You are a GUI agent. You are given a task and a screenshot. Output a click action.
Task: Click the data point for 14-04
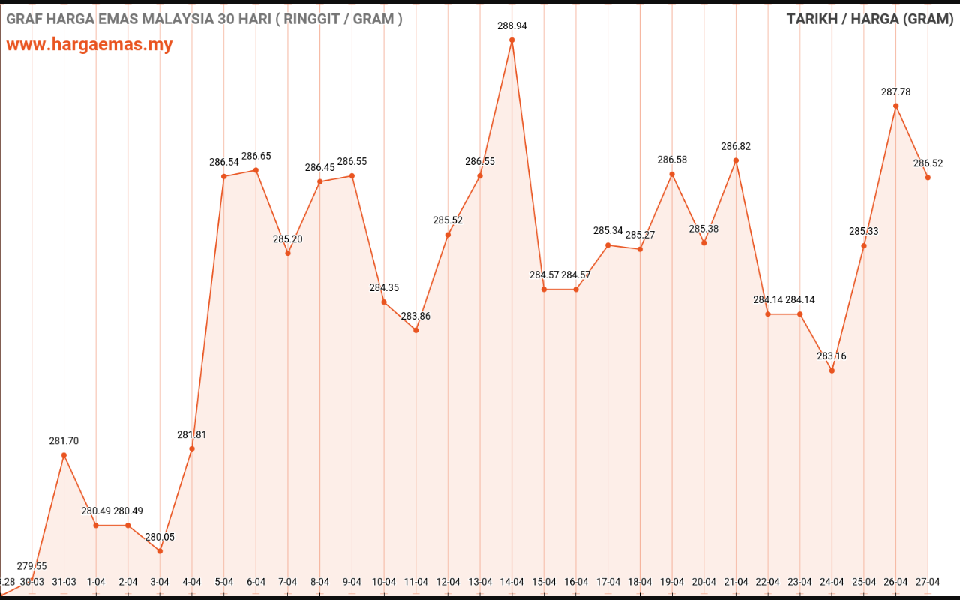pyautogui.click(x=512, y=40)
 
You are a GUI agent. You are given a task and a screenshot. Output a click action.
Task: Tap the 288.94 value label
pyautogui.click(x=512, y=25)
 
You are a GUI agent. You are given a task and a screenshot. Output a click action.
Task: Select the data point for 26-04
pyautogui.click(x=896, y=106)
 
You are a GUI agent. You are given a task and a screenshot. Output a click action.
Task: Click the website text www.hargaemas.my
pyautogui.click(x=89, y=44)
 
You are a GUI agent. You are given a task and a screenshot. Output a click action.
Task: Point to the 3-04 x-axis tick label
pyautogui.click(x=160, y=582)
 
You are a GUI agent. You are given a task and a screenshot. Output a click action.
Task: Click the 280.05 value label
pyautogui.click(x=160, y=537)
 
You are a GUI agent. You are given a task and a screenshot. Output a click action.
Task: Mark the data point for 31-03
pyautogui.click(x=64, y=455)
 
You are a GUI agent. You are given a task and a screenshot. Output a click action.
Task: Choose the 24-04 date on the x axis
pyautogui.click(x=832, y=582)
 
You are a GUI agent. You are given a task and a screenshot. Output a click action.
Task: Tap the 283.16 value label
pyautogui.click(x=832, y=355)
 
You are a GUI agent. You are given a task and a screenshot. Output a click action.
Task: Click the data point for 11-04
pyautogui.click(x=416, y=330)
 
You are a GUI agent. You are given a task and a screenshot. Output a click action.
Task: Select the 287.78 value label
pyautogui.click(x=896, y=91)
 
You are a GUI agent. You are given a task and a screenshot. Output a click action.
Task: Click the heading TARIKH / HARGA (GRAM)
pyautogui.click(x=870, y=19)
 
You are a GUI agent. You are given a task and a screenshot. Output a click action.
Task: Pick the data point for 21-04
pyautogui.click(x=736, y=160)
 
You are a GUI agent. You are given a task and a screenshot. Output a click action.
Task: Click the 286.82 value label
pyautogui.click(x=736, y=146)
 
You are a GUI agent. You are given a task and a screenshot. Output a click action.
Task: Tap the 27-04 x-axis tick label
pyautogui.click(x=928, y=582)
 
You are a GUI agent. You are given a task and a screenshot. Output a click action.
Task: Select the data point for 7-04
pyautogui.click(x=288, y=253)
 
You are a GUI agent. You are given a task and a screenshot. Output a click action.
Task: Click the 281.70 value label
pyautogui.click(x=64, y=441)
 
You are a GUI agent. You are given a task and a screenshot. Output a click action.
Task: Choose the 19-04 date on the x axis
pyautogui.click(x=672, y=582)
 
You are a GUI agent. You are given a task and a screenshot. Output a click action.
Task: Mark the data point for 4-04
pyautogui.click(x=192, y=448)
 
